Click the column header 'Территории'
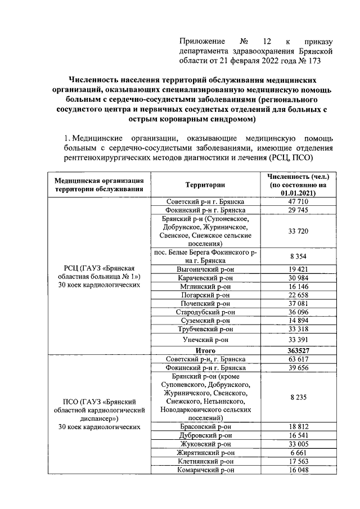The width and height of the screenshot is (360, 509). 205,184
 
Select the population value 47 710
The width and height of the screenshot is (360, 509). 298,201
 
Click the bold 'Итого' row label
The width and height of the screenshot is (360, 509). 205,350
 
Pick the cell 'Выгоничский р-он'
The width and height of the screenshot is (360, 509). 205,269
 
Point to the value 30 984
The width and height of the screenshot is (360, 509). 298,278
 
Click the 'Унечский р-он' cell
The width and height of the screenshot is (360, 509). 205,339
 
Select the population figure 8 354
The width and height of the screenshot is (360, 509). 298,256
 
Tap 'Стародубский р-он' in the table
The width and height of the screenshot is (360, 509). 205,312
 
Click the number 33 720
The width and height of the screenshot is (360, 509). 298,231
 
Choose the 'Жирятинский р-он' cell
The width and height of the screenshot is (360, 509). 205,453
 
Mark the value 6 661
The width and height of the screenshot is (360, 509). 298,453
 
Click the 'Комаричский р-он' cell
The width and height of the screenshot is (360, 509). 205,470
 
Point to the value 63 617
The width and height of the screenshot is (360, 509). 298,359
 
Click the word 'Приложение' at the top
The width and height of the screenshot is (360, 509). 202,42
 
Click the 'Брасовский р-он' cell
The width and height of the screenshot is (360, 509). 205,426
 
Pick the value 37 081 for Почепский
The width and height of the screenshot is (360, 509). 298,303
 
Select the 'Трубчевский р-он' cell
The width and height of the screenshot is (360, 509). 205,329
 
